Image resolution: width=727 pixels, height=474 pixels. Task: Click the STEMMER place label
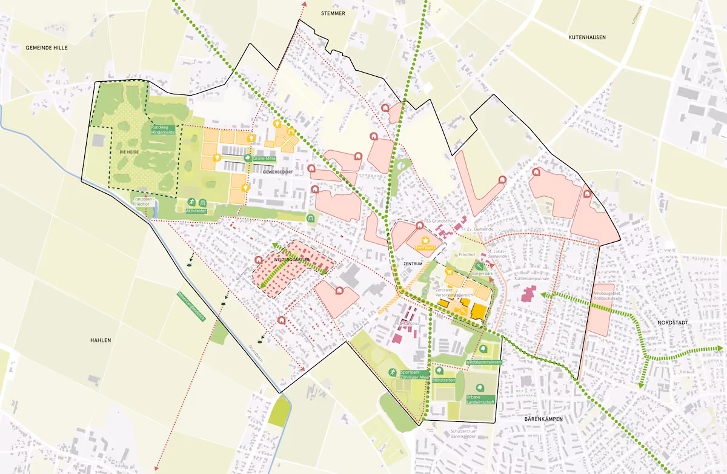click(x=333, y=12)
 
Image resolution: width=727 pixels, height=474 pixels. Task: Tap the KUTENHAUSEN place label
click(x=586, y=38)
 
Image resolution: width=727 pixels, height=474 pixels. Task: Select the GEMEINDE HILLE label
click(x=47, y=47)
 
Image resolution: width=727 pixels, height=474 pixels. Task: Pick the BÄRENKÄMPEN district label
click(x=544, y=419)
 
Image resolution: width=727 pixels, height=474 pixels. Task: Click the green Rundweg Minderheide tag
click(x=163, y=130)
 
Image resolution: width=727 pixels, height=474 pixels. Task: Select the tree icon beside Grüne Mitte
click(x=247, y=157)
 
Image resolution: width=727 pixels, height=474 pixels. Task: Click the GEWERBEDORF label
click(x=278, y=172)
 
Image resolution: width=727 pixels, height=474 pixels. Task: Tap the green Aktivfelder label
click(x=196, y=211)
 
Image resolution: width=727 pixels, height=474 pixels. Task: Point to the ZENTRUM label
click(x=412, y=264)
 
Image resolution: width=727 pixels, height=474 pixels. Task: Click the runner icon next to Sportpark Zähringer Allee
click(x=393, y=372)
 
